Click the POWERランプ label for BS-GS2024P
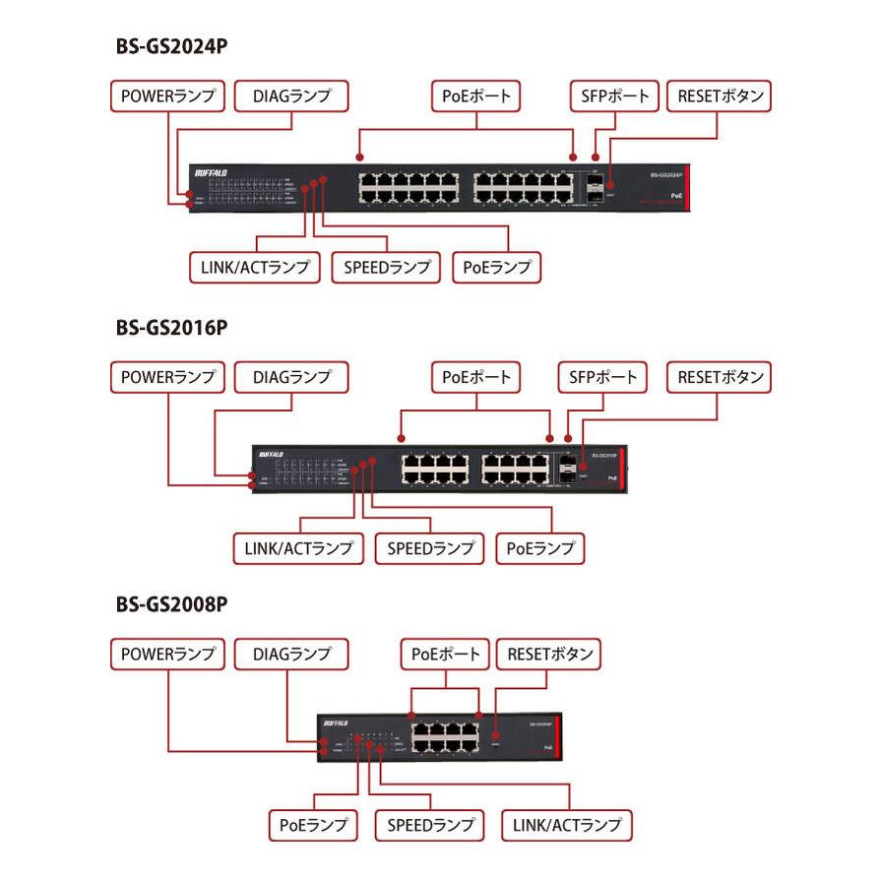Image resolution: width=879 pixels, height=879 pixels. [x=167, y=96]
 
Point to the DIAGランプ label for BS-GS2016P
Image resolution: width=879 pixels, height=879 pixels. [x=292, y=376]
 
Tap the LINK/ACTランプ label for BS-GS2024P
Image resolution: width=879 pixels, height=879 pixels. [x=255, y=267]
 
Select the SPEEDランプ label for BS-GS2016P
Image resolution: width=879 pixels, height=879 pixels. [x=430, y=547]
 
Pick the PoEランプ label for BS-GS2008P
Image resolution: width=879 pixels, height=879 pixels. [x=313, y=825]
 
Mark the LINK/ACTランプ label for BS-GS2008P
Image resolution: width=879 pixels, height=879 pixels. [x=567, y=825]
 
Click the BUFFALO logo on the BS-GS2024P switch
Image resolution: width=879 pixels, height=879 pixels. [x=211, y=172]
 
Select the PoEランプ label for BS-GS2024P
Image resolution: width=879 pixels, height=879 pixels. [x=497, y=267]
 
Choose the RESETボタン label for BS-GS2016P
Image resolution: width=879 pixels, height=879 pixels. [x=720, y=376]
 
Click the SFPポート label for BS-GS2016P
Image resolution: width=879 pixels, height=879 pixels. [x=603, y=376]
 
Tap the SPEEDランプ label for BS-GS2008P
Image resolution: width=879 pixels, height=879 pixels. [x=430, y=825]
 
